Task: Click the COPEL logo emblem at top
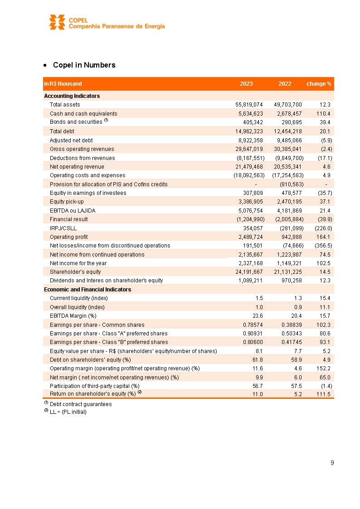pyautogui.click(x=57, y=22)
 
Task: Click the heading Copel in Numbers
pyautogui.click(x=84, y=65)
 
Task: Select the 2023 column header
pyautogui.click(x=246, y=84)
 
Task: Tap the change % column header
pyautogui.click(x=319, y=84)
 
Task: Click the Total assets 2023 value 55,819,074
pyautogui.click(x=247, y=105)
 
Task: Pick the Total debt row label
pyautogui.click(x=62, y=131)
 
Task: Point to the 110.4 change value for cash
pyautogui.click(x=323, y=114)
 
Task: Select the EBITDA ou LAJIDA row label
pyautogui.click(x=73, y=211)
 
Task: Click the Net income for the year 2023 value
pyautogui.click(x=247, y=263)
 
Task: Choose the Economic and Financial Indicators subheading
pyautogui.click(x=88, y=290)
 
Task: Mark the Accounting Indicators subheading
pyautogui.click(x=72, y=96)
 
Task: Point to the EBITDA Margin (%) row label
pyautogui.click(x=73, y=316)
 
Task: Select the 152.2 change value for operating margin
pyautogui.click(x=323, y=368)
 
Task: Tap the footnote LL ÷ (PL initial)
pyautogui.click(x=68, y=412)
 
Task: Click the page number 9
pyautogui.click(x=332, y=463)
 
